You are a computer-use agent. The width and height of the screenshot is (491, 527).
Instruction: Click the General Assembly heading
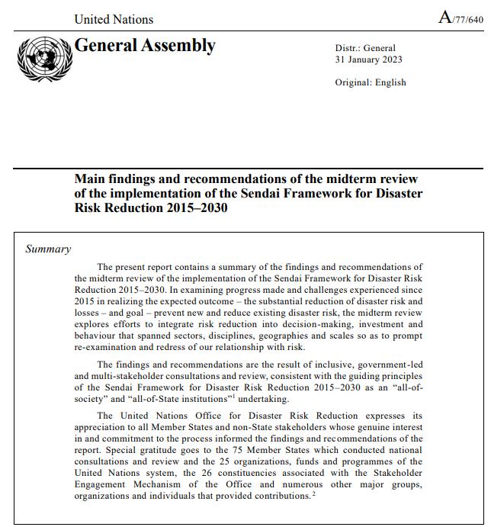pos(144,46)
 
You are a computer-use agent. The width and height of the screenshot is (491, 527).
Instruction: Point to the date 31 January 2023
pos(368,59)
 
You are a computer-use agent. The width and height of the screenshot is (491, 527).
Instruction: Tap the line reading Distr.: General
pos(365,47)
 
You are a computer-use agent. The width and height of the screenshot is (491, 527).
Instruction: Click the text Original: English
pos(371,82)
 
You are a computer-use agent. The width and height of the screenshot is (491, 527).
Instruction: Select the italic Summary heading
pos(48,249)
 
